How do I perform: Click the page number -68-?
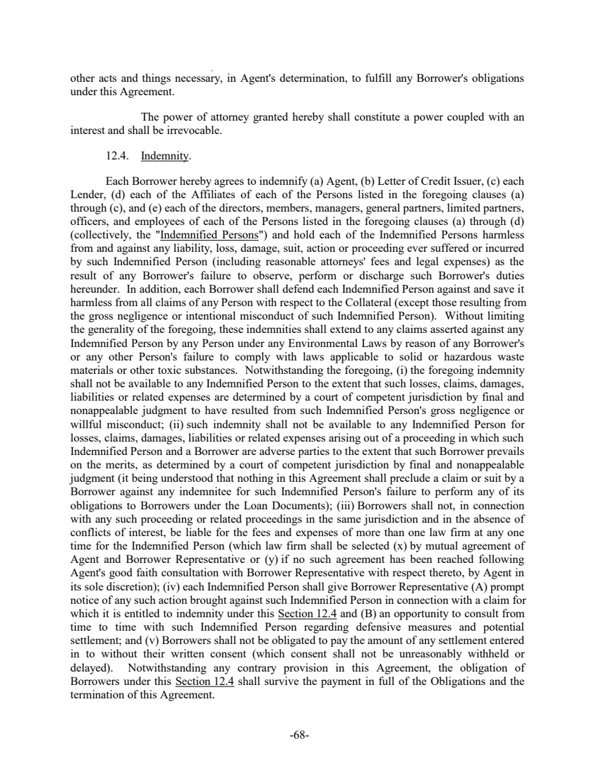pos(299,734)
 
